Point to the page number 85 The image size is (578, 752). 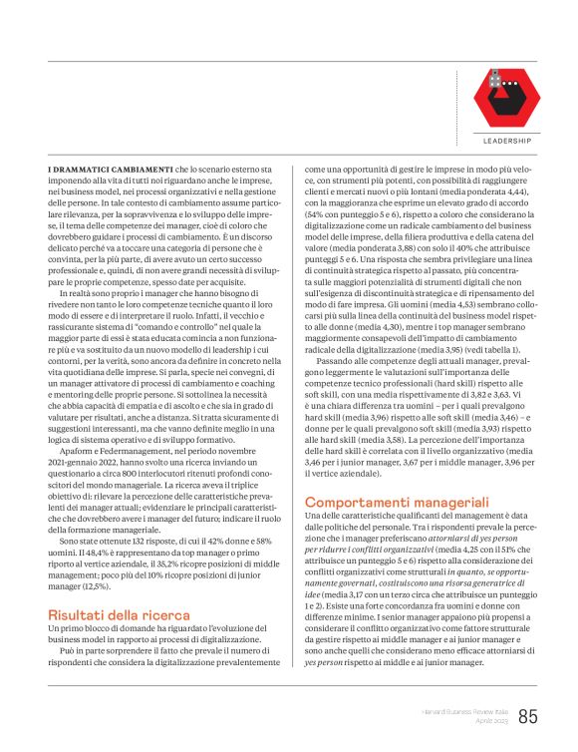coord(528,716)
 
